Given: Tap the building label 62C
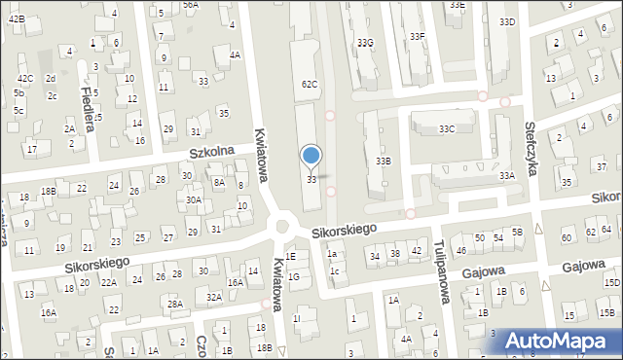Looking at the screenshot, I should (310, 85).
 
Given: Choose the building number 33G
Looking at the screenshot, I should (365, 43).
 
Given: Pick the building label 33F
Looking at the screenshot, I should (418, 36).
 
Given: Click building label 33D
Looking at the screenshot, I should (506, 21).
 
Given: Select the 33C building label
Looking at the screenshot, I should (446, 128).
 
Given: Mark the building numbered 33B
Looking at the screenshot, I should (384, 162).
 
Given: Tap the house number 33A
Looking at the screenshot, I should (506, 176).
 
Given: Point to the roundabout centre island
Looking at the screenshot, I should (283, 227).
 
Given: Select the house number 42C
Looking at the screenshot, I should (24, 79).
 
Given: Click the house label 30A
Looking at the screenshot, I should (194, 200).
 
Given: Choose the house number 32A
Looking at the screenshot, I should (214, 297).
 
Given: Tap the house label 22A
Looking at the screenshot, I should (109, 282).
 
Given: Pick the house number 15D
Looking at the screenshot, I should (611, 282).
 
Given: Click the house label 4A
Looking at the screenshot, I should (235, 55).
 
